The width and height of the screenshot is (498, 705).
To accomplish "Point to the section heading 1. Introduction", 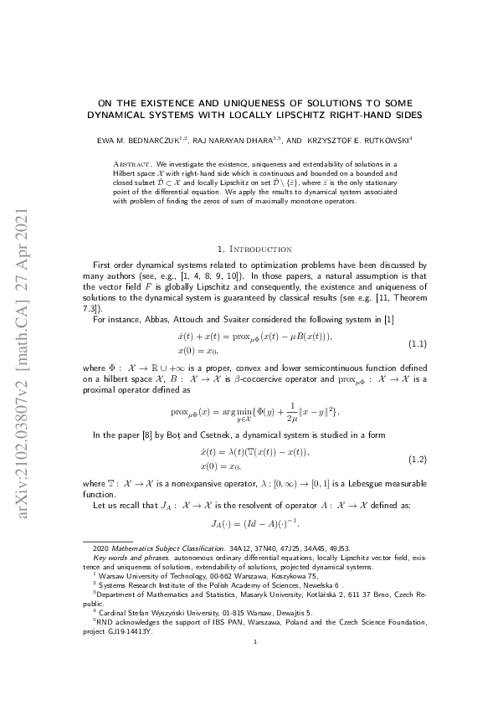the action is coord(254,250).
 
